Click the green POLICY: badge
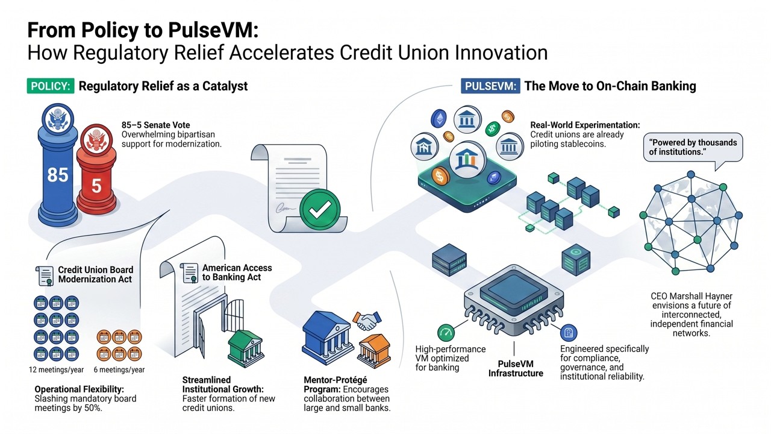(x=51, y=86)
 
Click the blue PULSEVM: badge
(x=490, y=86)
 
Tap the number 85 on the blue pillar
(x=57, y=175)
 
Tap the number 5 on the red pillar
(x=96, y=186)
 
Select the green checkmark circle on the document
(x=320, y=209)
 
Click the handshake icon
(x=367, y=321)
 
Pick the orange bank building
(x=374, y=351)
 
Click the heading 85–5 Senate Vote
(x=155, y=125)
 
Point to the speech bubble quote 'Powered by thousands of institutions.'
(x=693, y=147)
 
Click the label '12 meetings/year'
(x=56, y=370)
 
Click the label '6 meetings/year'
(x=119, y=370)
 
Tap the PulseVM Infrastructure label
(x=516, y=368)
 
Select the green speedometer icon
(x=446, y=332)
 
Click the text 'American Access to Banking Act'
(x=237, y=272)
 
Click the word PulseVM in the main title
(x=213, y=30)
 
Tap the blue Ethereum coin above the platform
(x=439, y=119)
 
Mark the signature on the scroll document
(x=286, y=208)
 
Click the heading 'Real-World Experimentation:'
(x=585, y=125)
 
